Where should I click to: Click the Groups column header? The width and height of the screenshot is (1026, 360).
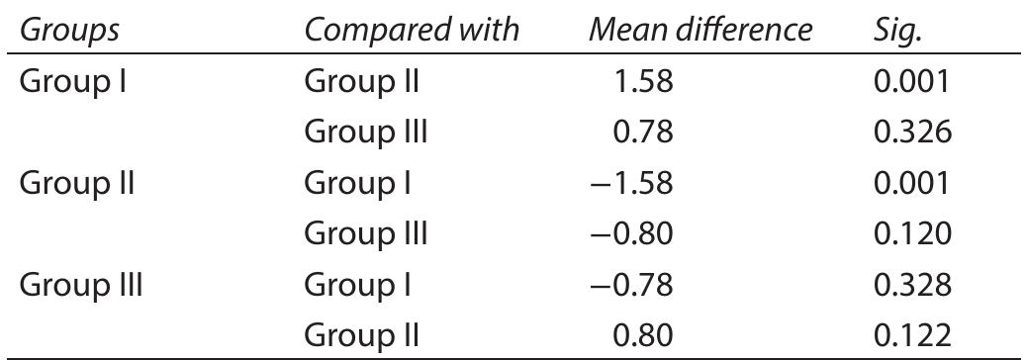69,31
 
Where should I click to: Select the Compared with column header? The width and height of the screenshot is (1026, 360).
413,31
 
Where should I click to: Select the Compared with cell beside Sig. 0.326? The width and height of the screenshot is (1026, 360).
366,133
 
